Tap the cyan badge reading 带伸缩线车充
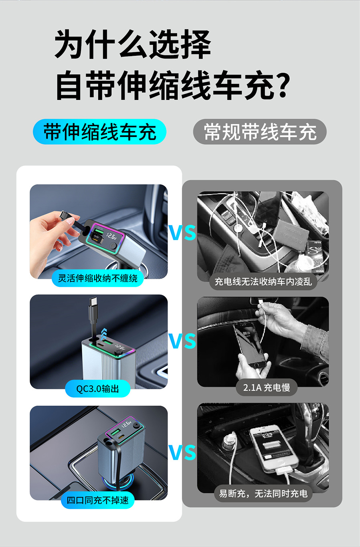(100, 131)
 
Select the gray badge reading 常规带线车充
(260, 131)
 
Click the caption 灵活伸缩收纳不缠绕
(98, 278)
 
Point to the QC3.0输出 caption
(98, 389)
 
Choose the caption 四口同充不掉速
(98, 501)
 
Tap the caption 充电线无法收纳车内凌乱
(263, 282)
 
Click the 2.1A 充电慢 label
(267, 387)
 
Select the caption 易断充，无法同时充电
(263, 494)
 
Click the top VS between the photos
(182, 232)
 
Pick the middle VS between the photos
(182, 341)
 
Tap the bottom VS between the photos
(182, 452)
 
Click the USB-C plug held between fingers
(64, 215)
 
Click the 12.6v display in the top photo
(111, 236)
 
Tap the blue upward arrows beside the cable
(104, 333)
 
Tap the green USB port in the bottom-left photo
(115, 433)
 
